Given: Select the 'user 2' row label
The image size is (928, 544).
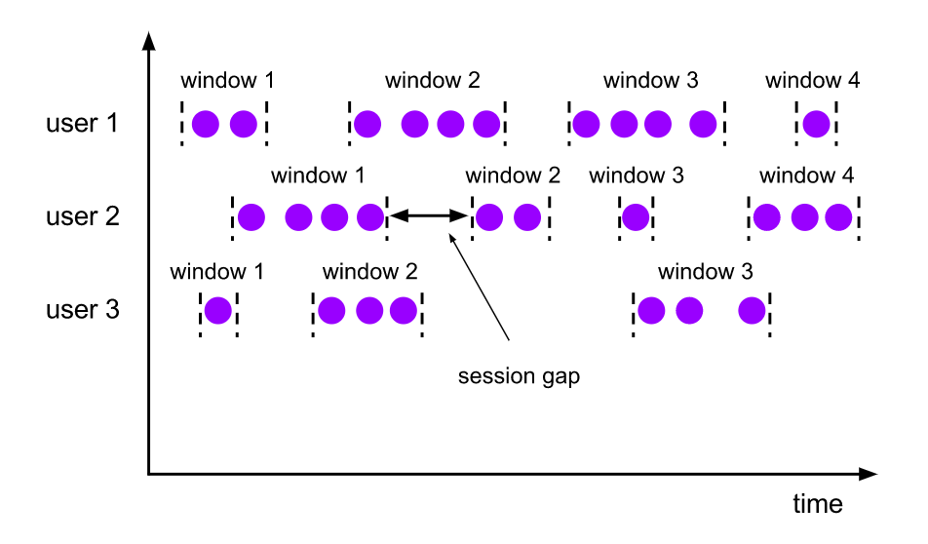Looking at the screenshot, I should pyautogui.click(x=83, y=216).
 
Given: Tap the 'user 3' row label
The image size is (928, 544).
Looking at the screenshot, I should pyautogui.click(x=83, y=310).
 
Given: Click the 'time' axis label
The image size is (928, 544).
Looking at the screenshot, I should pyautogui.click(x=817, y=504).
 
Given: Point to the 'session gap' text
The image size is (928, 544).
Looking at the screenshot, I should pyautogui.click(x=519, y=376).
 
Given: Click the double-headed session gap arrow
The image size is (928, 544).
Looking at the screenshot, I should pyautogui.click(x=429, y=216).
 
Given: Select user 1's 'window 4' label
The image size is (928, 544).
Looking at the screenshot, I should pyautogui.click(x=812, y=81).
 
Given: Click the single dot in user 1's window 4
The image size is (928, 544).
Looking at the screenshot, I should pyautogui.click(x=816, y=124).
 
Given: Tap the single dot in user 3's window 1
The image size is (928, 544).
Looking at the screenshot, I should pyautogui.click(x=217, y=310).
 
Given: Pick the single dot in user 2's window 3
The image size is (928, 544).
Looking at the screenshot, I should pyautogui.click(x=636, y=216).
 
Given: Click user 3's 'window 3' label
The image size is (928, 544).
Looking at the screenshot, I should pyautogui.click(x=705, y=272).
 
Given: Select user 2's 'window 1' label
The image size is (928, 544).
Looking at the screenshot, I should pyautogui.click(x=318, y=176).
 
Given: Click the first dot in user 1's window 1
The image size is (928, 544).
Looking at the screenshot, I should pyautogui.click(x=205, y=124).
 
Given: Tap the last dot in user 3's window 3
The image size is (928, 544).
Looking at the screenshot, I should pyautogui.click(x=752, y=310).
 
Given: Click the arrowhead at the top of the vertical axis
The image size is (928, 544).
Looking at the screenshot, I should pyautogui.click(x=148, y=40).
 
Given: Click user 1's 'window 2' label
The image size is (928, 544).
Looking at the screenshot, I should pyautogui.click(x=432, y=81).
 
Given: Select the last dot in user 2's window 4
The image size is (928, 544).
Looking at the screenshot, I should pyautogui.click(x=838, y=216).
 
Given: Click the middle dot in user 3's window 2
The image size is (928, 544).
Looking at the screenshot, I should pyautogui.click(x=368, y=310).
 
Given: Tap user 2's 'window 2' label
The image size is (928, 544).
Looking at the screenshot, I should pyautogui.click(x=513, y=176).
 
